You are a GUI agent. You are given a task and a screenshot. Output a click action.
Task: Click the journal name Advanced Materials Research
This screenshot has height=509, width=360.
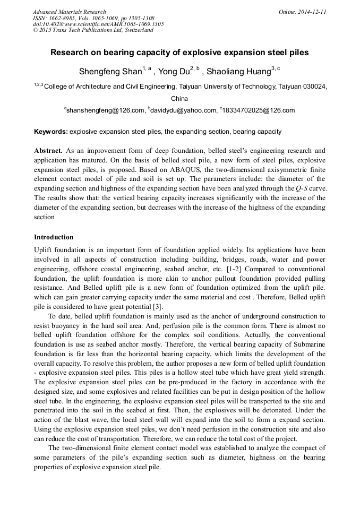click(69, 12)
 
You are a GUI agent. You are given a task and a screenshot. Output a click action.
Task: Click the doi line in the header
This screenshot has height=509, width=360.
click(98, 24)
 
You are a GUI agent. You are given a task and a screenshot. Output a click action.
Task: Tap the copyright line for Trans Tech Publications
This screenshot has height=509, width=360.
click(92, 30)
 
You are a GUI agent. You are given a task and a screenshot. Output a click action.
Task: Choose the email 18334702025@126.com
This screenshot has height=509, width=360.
click(259, 110)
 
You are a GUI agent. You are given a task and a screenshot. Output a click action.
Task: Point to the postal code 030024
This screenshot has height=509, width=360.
click(312, 86)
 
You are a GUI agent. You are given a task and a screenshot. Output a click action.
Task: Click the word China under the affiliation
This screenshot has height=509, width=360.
click(179, 99)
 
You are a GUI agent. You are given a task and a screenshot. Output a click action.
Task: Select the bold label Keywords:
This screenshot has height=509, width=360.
click(50, 131)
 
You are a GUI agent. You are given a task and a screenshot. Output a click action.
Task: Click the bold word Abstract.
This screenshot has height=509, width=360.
click(49, 151)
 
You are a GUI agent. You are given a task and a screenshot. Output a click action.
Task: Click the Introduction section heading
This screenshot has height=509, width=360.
click(54, 237)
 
